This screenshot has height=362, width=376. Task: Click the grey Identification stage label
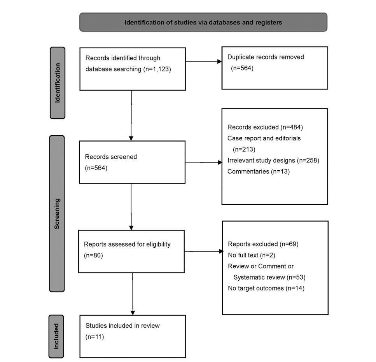pos(58,83)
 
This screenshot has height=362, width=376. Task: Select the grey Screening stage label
pos(57,213)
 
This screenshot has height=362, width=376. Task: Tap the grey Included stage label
pos(56,336)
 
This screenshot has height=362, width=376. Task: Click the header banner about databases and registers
pos(203,22)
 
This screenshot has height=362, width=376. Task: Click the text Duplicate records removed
pos(266,57)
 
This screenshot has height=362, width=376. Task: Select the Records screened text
pos(111,157)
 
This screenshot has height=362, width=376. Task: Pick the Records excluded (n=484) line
pos(265,127)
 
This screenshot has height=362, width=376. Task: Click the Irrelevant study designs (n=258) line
pos(273,160)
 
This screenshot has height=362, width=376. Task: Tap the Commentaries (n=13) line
pos(259,171)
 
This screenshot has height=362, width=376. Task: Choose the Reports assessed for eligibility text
pos(127,244)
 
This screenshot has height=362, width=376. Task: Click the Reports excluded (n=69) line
pos(263,244)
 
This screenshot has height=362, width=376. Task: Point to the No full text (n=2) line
pos(252,255)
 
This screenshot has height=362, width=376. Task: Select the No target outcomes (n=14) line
pos(266,288)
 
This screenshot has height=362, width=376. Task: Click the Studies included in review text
pos(122,325)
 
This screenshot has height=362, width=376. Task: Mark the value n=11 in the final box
pos(95,337)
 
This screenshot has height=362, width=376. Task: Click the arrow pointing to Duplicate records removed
pos(204,61)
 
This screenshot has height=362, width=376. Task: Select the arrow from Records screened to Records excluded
pos(204,162)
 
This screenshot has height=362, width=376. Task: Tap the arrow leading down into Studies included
pos(133,294)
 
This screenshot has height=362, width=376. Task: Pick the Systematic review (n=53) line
pos(269,277)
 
